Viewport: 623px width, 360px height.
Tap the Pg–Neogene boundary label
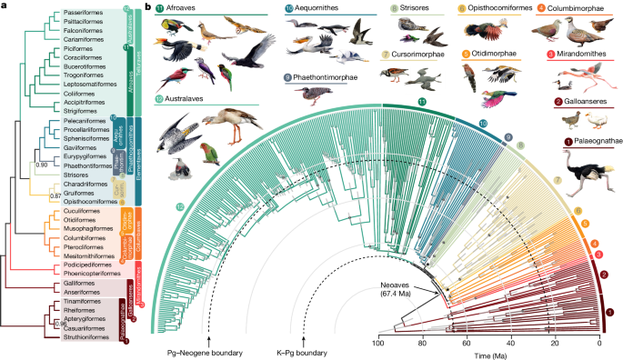point(208,350)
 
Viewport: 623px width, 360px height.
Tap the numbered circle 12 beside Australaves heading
point(159,97)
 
